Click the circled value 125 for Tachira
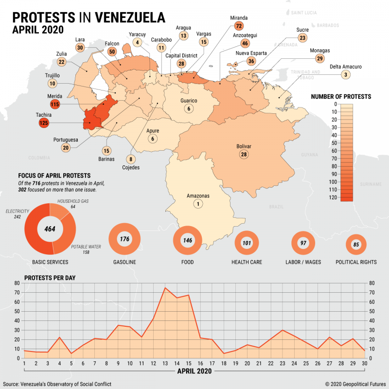tap(44, 124)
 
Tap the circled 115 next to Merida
tap(54, 104)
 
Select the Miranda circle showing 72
tap(238, 26)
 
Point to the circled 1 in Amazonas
tap(198, 204)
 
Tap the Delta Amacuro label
tap(345, 67)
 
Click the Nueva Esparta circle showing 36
tap(251, 61)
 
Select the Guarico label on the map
tap(189, 101)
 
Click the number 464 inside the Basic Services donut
tap(49, 229)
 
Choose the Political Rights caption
tap(356, 262)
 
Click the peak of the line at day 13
tap(165, 287)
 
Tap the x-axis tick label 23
tap(283, 363)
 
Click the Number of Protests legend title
tap(341, 97)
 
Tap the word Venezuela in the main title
tap(130, 17)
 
